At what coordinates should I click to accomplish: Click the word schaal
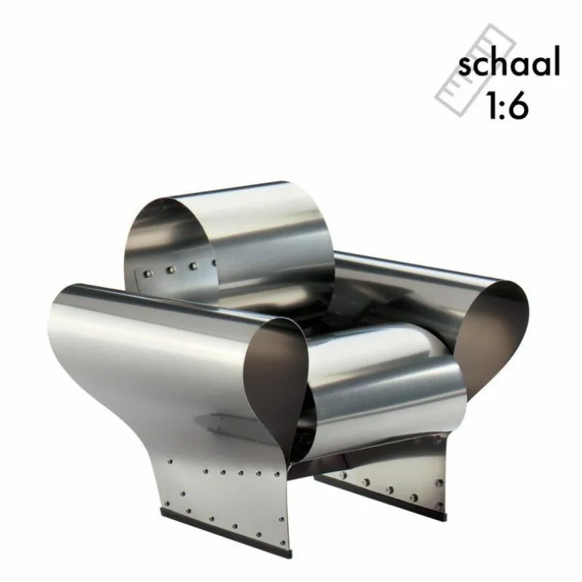click(509, 62)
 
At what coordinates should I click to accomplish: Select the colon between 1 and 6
click(501, 110)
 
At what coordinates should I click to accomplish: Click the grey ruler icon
click(475, 70)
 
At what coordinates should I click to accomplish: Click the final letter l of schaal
click(557, 62)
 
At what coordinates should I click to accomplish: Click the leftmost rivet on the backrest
click(147, 274)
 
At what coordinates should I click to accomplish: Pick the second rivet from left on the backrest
click(170, 270)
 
